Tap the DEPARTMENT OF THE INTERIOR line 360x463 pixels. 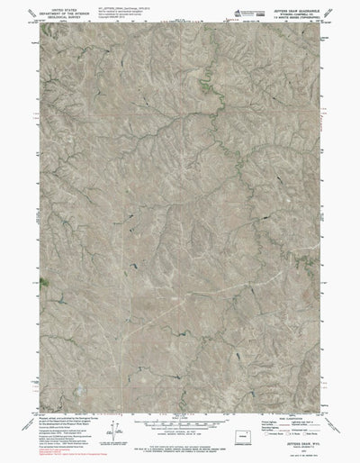tap(56, 12)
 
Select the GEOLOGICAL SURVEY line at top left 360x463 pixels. tap(56, 16)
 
